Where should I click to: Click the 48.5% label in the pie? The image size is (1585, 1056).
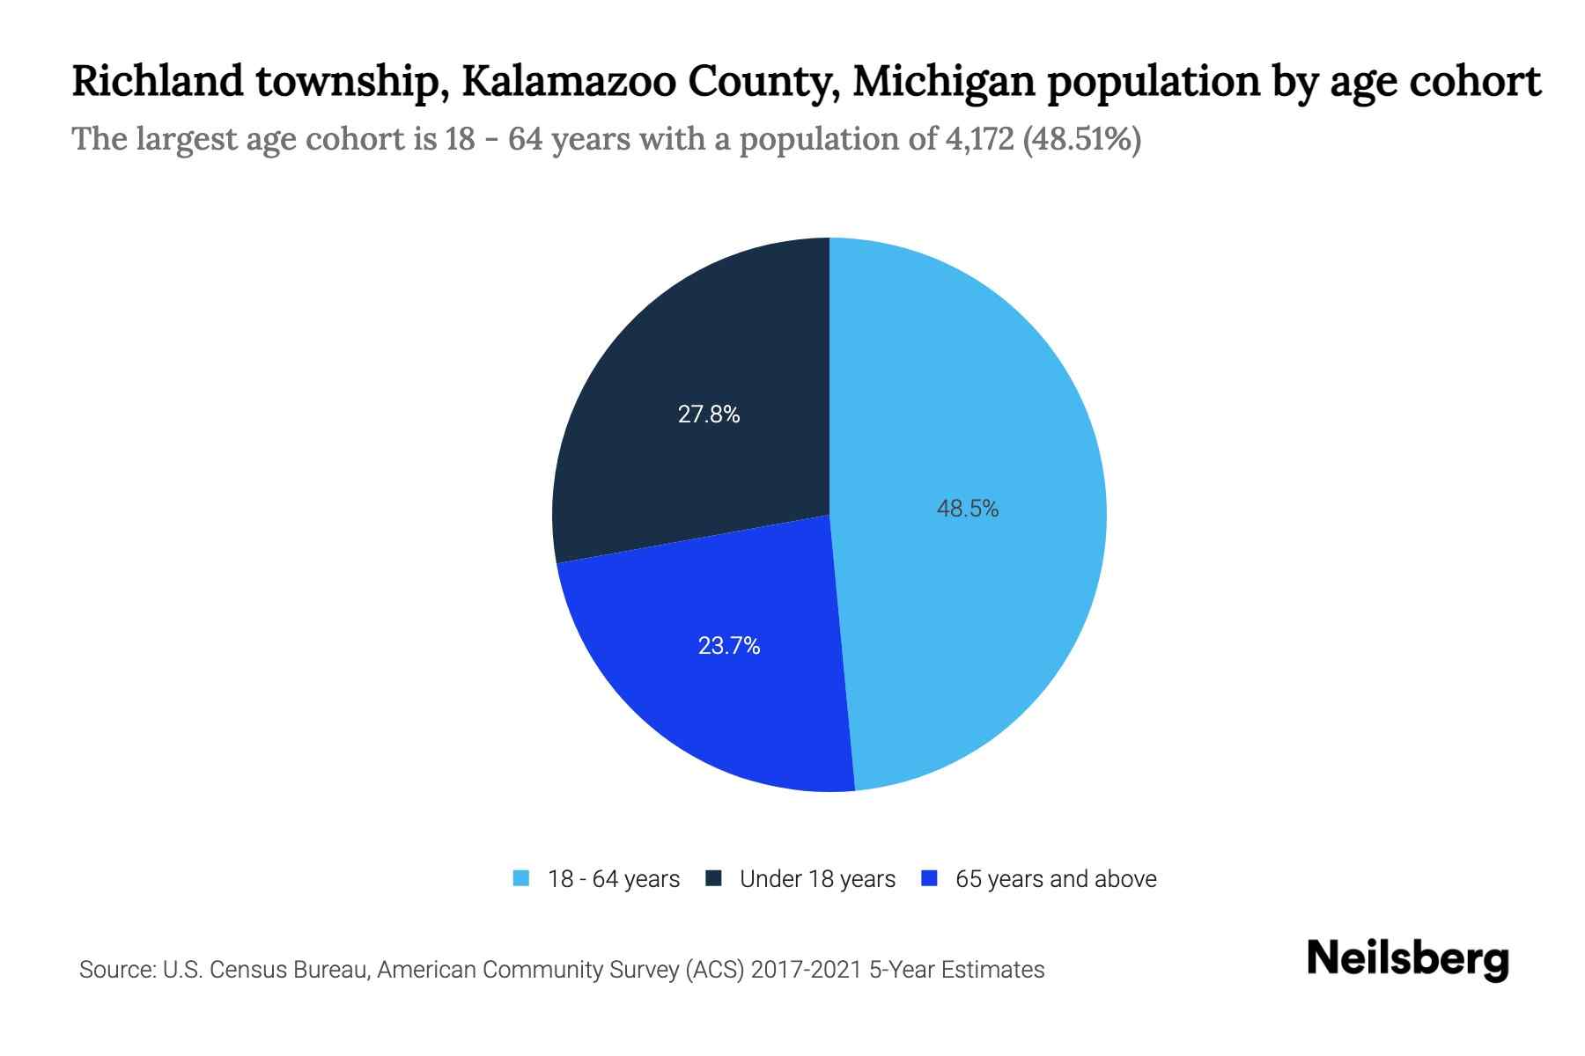[x=967, y=509]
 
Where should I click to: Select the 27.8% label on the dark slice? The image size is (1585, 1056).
[x=708, y=414]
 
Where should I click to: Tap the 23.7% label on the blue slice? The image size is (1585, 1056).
[x=728, y=646]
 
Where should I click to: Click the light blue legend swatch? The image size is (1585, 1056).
[x=521, y=878]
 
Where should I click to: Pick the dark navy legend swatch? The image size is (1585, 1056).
[x=713, y=878]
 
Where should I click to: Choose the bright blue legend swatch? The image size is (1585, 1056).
[x=928, y=878]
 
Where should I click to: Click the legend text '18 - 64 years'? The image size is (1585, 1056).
[x=614, y=879]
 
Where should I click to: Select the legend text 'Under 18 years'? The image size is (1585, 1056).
[x=817, y=879]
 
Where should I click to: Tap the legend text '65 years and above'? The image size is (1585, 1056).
[x=1056, y=879]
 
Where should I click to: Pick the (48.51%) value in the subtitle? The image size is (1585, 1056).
[x=1081, y=139]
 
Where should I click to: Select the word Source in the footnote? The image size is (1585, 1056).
[x=115, y=970]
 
